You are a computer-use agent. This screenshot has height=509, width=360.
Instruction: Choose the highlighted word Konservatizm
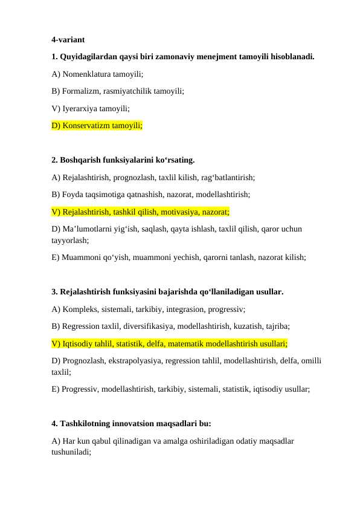(89, 126)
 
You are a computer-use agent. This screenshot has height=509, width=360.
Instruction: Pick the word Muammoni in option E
(79, 257)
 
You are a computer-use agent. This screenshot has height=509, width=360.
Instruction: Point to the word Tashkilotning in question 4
(87, 424)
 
